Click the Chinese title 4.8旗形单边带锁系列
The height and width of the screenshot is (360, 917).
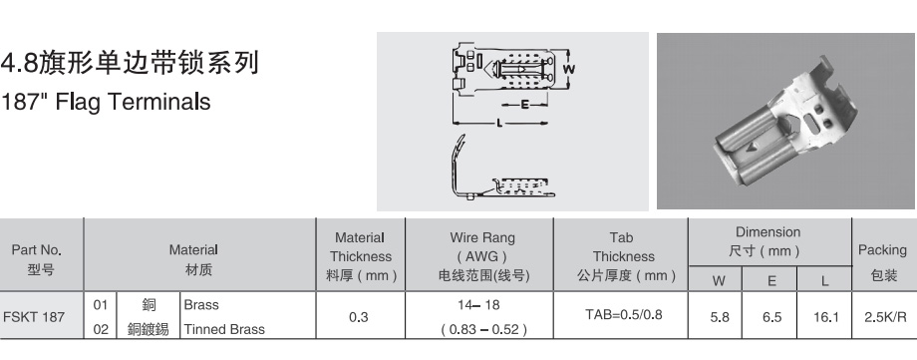pos(130,63)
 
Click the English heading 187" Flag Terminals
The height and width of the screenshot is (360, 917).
pos(106,102)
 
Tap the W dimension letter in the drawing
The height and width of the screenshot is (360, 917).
pos(568,69)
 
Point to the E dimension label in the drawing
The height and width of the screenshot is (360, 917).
pos(524,105)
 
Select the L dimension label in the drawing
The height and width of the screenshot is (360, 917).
pos(498,123)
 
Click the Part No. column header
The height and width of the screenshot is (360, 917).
pos(37,259)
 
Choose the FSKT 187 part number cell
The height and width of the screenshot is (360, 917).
pos(33,317)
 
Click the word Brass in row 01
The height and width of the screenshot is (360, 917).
pos(201,305)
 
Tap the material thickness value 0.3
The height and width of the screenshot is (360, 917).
pos(359,317)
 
